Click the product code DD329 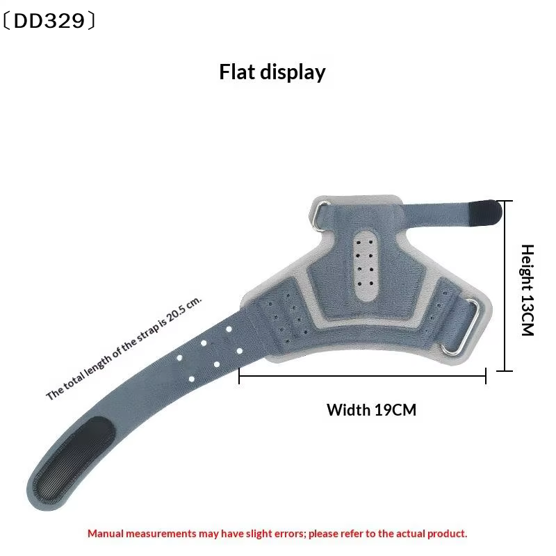tap(49, 21)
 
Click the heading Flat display tap(272, 72)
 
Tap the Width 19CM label tap(371, 410)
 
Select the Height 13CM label tap(528, 290)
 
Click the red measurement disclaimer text tap(277, 534)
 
